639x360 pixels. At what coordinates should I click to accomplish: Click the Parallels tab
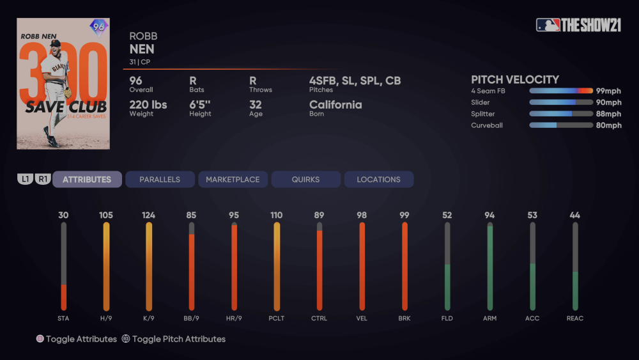point(160,180)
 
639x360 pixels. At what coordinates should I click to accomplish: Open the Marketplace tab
point(233,180)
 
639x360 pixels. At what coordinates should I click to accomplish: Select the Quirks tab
point(305,180)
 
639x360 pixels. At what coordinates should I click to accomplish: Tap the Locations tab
point(378,180)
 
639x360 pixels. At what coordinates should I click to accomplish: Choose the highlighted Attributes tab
point(87,180)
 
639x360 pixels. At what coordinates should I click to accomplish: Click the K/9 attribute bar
point(149,266)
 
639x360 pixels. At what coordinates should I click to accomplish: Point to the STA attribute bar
point(63,266)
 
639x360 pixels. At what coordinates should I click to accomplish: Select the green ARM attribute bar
point(489,266)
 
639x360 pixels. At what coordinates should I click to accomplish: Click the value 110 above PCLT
point(276,215)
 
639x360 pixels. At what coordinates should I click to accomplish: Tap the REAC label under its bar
point(574,318)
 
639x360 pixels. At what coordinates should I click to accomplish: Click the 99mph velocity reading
point(608,91)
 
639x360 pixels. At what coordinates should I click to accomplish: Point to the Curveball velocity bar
point(561,125)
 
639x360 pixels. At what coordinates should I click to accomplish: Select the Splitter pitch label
point(483,114)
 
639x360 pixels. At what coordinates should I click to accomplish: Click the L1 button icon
point(25,180)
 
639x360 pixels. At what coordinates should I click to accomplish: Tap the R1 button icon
point(43,180)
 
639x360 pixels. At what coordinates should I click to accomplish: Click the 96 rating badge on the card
point(98,27)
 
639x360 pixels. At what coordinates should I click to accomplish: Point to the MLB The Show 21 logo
point(578,25)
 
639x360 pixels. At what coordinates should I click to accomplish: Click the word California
point(335,105)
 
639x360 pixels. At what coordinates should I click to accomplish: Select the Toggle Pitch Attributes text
point(178,339)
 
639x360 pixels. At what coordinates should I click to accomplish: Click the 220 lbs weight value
point(148,105)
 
